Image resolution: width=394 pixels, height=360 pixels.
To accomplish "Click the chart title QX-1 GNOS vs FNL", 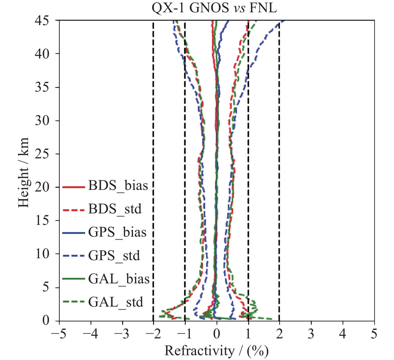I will (x=214, y=8).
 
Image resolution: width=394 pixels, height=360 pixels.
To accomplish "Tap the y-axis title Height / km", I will (x=23, y=173).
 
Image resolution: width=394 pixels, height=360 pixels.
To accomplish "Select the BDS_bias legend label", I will (x=118, y=186).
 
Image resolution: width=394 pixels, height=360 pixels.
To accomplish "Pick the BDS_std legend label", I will (x=115, y=209).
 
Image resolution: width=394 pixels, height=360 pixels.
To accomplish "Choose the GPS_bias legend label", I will (x=117, y=232).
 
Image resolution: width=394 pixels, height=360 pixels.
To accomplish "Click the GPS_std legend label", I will (x=114, y=256).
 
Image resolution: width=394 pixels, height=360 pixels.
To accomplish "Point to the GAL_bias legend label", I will (x=119, y=279).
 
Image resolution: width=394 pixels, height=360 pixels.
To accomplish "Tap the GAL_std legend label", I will (x=116, y=302).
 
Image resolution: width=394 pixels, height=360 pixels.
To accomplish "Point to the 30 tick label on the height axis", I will (x=42, y=120).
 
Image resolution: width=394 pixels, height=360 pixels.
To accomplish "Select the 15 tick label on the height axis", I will (x=42, y=220).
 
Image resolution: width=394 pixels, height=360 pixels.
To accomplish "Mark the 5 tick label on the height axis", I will (x=46, y=287).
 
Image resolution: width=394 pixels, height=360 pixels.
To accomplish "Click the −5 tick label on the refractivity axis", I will (x=59, y=334).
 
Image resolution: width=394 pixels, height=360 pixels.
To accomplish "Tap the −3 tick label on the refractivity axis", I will (x=122, y=334).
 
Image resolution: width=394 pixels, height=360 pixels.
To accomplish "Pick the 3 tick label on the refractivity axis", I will (x=311, y=334).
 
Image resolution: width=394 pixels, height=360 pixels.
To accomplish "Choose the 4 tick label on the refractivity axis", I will (x=343, y=334).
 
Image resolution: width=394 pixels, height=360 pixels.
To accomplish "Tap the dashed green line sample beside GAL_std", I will (x=73, y=302).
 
